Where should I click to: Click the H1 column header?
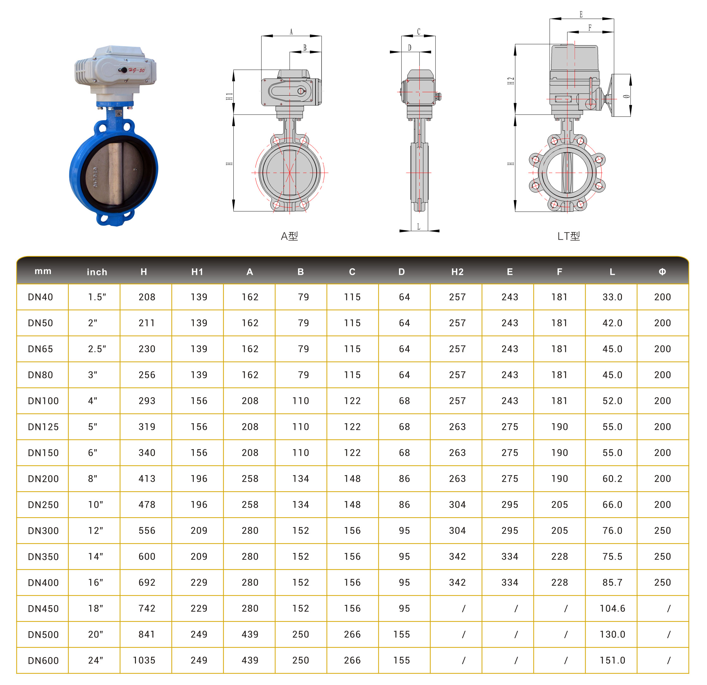click(x=197, y=272)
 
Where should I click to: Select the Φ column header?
click(x=662, y=272)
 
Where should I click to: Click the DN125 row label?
click(x=43, y=427)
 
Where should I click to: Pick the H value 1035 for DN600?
click(x=144, y=660)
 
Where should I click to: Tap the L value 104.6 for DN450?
click(x=612, y=608)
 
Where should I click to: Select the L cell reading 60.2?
click(x=612, y=479)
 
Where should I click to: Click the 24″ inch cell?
click(x=95, y=660)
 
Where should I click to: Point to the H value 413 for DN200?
click(x=147, y=479)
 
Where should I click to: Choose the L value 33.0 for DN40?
click(x=612, y=297)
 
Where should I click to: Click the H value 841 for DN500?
click(x=147, y=634)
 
